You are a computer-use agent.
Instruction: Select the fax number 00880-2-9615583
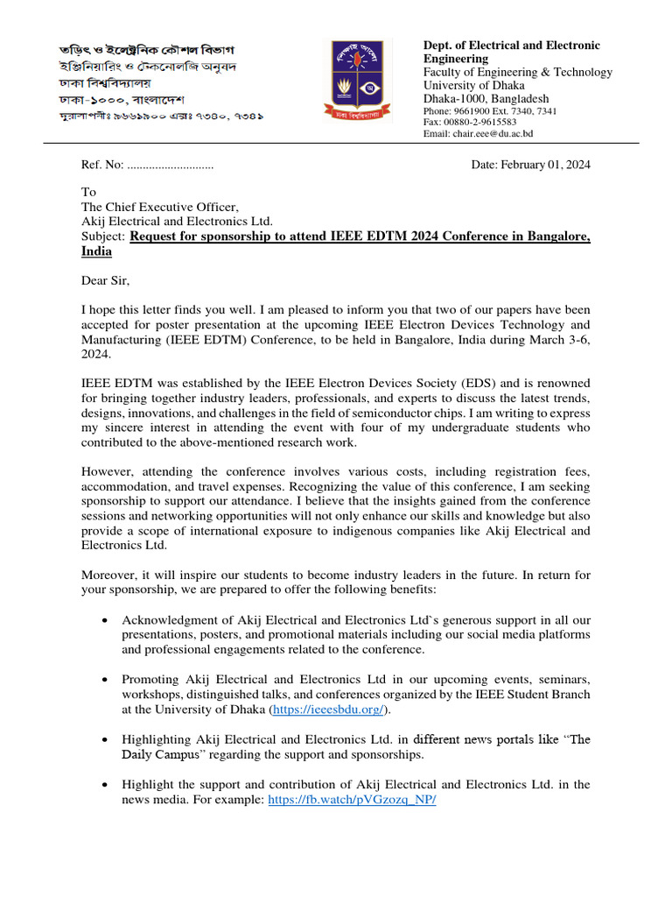tap(479, 123)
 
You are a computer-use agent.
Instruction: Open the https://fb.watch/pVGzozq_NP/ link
tap(352, 800)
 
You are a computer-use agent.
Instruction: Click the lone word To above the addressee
tap(88, 192)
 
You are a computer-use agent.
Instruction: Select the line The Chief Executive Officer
tap(160, 207)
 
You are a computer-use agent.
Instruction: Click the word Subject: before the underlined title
tap(104, 237)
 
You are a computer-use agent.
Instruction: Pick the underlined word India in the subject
tap(96, 251)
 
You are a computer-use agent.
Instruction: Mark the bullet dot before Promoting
tap(105, 680)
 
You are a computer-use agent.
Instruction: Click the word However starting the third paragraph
tap(109, 473)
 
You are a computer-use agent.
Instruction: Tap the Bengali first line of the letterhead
tap(147, 50)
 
